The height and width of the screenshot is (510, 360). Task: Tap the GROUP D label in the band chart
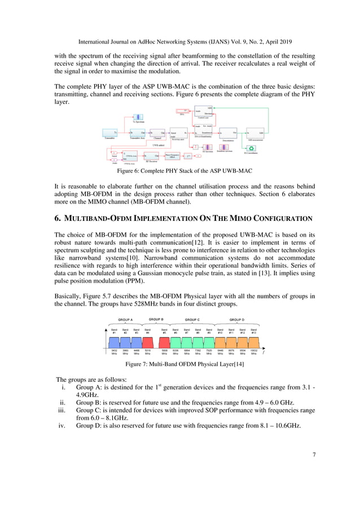pos(236,320)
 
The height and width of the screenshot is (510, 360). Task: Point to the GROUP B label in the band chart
pos(156,320)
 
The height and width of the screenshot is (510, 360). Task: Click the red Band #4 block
pos(148,340)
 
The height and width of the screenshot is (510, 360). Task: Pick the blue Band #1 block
pos(115,340)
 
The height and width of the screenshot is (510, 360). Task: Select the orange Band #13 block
pos(254,340)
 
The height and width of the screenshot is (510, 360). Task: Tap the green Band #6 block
pos(175,340)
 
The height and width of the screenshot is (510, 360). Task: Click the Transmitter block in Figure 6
pos(111,133)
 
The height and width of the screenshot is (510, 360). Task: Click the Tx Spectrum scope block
pos(138,116)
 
